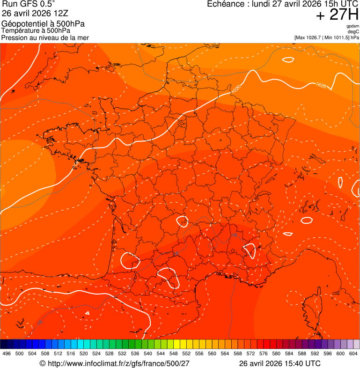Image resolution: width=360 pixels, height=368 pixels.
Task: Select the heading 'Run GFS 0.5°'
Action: tap(29, 4)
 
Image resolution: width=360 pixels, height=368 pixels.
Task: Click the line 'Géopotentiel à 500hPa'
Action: tap(43, 24)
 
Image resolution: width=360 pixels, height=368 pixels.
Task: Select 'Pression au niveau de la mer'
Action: tap(45, 37)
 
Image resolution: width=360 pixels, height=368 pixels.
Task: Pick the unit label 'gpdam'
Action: tap(353, 26)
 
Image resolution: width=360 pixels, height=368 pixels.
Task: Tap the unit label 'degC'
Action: tap(353, 31)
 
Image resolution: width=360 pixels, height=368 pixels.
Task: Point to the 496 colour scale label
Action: tap(7, 353)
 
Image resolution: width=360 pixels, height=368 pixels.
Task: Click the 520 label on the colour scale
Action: tap(84, 353)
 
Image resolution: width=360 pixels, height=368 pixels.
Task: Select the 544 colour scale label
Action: tap(161, 353)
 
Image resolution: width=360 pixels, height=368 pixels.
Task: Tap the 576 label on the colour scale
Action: tap(263, 353)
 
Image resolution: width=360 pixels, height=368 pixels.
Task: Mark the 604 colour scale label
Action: tap(353, 353)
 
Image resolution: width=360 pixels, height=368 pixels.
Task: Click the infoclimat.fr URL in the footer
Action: tap(118, 363)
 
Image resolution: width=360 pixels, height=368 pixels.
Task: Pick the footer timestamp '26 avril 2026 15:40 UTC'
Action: tap(279, 363)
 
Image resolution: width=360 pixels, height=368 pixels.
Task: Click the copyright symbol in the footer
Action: tap(42, 363)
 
